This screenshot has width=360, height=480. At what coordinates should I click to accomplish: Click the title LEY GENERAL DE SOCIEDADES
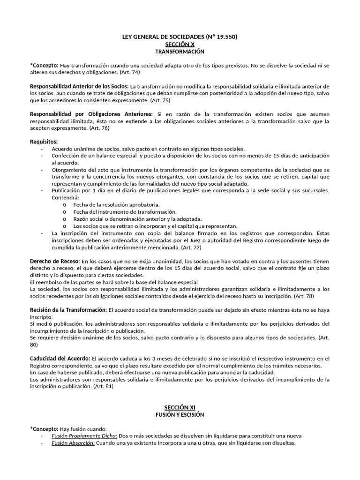[180, 37]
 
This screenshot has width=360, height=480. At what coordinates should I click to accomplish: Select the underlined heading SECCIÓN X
[180, 44]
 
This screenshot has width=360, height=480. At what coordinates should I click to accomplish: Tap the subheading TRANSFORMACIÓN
[180, 51]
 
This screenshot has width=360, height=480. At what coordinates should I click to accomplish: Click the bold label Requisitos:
[44, 142]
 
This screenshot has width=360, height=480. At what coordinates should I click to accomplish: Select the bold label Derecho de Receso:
[55, 261]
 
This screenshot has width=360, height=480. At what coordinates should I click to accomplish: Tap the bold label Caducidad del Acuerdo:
[60, 359]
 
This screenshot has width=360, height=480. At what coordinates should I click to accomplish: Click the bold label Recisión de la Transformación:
[68, 310]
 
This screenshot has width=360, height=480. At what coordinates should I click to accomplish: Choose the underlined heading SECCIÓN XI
[180, 408]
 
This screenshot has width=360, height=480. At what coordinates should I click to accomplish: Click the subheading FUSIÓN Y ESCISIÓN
[180, 415]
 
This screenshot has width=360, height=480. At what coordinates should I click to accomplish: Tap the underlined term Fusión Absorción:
[73, 443]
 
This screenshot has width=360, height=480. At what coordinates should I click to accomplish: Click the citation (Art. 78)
[304, 296]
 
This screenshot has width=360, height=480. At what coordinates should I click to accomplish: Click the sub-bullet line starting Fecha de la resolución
[116, 205]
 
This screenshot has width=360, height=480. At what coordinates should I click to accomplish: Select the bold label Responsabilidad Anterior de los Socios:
[79, 86]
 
